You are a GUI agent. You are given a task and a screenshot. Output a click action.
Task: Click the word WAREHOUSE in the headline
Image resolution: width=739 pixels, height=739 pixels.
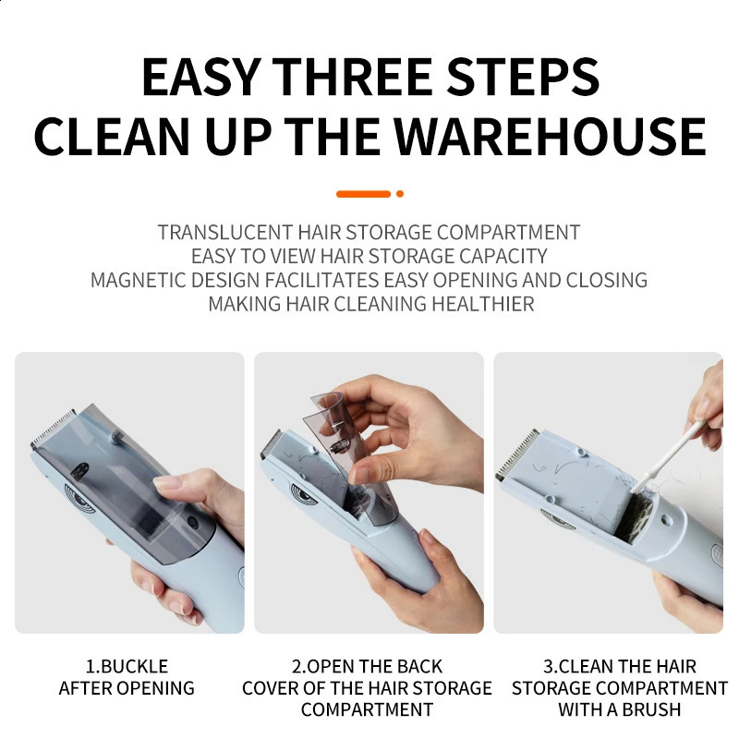(550, 136)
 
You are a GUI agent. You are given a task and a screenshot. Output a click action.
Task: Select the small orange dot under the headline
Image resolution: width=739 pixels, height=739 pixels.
(400, 194)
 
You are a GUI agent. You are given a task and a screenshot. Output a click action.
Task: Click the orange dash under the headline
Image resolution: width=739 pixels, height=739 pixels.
(363, 194)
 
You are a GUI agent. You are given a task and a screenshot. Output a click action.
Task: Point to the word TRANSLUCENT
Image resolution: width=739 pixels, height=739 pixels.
(224, 233)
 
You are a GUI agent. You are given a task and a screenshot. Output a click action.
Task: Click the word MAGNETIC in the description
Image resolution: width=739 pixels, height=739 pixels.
(139, 280)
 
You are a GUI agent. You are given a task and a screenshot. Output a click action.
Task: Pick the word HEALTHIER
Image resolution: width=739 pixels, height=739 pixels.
(482, 304)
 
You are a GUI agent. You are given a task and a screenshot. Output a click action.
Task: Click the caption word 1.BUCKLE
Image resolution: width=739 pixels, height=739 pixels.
(127, 666)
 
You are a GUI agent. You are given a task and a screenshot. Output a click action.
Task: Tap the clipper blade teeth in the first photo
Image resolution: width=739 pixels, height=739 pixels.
(53, 429)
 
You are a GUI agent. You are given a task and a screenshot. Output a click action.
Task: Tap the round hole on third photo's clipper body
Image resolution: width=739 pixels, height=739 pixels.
(665, 520)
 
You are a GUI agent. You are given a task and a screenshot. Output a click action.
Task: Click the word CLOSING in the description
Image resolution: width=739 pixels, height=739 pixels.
(607, 280)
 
